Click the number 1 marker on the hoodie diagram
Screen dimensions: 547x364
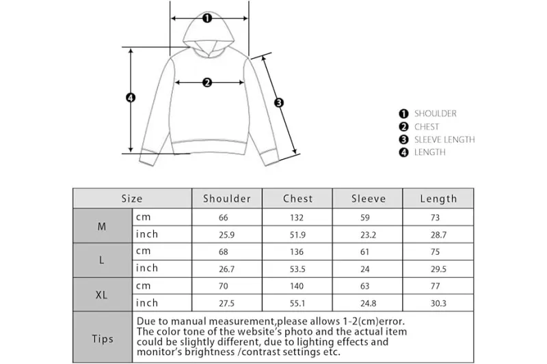click(207, 18)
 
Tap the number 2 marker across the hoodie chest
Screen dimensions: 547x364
click(207, 83)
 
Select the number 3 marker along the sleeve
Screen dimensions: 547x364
click(279, 102)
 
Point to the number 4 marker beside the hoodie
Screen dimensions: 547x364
click(131, 98)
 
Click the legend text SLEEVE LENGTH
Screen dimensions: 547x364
click(444, 140)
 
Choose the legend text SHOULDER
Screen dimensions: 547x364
click(436, 113)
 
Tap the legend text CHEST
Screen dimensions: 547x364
click(427, 127)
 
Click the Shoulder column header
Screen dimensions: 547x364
click(227, 199)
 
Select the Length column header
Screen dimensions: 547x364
click(438, 199)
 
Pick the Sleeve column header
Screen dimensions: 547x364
click(369, 199)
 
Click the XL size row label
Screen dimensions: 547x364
click(101, 295)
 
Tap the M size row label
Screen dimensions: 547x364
click(101, 227)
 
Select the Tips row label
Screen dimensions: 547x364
click(103, 339)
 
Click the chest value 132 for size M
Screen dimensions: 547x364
click(297, 218)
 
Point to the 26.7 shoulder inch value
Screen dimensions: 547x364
click(227, 269)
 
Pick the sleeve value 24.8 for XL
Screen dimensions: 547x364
click(369, 303)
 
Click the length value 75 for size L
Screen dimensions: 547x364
click(435, 252)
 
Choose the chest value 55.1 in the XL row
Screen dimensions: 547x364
click(297, 303)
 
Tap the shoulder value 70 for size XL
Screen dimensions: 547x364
click(224, 286)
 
